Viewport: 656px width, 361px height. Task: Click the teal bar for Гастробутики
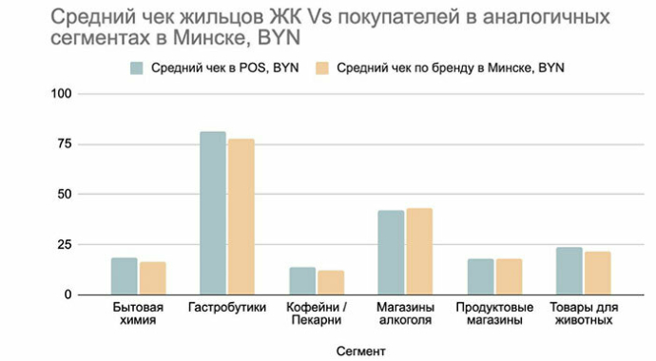tap(213, 213)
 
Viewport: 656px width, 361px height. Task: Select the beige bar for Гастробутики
tap(241, 217)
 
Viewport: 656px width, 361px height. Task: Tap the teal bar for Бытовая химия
tap(124, 275)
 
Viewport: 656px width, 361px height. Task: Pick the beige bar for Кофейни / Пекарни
tap(331, 282)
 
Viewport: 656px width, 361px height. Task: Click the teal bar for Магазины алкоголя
tap(391, 252)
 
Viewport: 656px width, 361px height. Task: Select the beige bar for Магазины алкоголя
tap(419, 251)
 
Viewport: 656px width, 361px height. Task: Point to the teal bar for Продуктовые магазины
tap(480, 276)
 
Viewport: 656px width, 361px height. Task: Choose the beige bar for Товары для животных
tap(598, 273)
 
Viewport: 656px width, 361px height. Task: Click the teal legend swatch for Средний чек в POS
tap(137, 67)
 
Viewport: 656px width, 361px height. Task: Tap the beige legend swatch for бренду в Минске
tap(321, 67)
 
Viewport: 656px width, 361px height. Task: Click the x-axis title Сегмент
tap(361, 351)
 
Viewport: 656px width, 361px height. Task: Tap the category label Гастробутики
tap(227, 308)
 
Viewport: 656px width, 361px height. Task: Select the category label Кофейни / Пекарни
tap(317, 314)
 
